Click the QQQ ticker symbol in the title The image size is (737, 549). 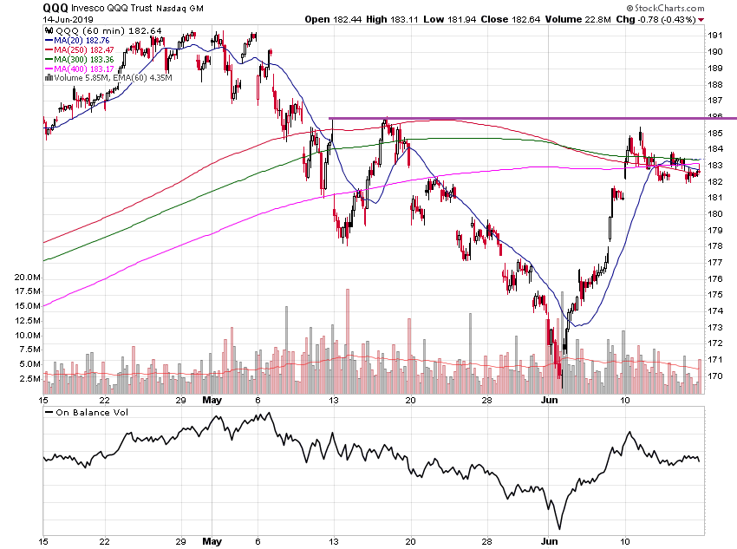tap(58, 7)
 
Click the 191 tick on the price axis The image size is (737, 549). tap(717, 36)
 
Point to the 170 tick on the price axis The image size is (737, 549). tap(717, 376)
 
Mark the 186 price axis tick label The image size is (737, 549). tap(717, 117)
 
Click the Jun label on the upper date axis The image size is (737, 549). tap(550, 401)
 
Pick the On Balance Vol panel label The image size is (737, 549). tap(89, 412)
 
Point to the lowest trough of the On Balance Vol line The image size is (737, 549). tap(559, 528)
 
